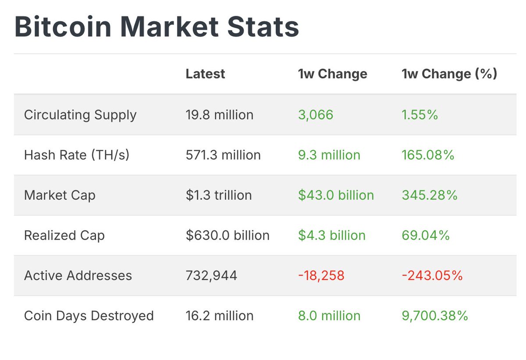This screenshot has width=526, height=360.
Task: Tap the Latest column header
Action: [x=205, y=74]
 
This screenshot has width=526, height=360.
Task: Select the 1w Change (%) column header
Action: [x=449, y=74]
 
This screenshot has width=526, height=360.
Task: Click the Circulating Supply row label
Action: [x=80, y=115]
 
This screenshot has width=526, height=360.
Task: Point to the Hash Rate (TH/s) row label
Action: [x=77, y=155]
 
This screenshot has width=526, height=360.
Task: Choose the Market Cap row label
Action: [x=60, y=195]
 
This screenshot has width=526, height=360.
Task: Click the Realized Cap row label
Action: [x=64, y=235]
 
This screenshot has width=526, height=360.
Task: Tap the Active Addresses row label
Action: [x=78, y=275]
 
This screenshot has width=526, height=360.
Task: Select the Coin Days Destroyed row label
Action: [x=89, y=316]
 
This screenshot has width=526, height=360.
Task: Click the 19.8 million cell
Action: [x=220, y=115]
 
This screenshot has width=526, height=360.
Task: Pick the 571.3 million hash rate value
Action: [x=223, y=155]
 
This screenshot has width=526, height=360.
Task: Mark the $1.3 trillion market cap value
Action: [x=219, y=195]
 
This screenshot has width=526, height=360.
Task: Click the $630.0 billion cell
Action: [x=227, y=235]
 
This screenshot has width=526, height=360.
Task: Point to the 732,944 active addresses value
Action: [x=211, y=275]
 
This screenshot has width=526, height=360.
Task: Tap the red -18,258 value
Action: [x=321, y=275]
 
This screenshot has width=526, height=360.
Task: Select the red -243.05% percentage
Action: [x=432, y=275]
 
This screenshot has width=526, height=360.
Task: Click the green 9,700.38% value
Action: [x=435, y=316]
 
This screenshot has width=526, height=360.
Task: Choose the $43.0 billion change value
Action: [x=336, y=195]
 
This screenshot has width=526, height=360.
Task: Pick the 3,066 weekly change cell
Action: [x=316, y=115]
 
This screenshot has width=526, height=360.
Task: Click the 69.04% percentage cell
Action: [x=426, y=235]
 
